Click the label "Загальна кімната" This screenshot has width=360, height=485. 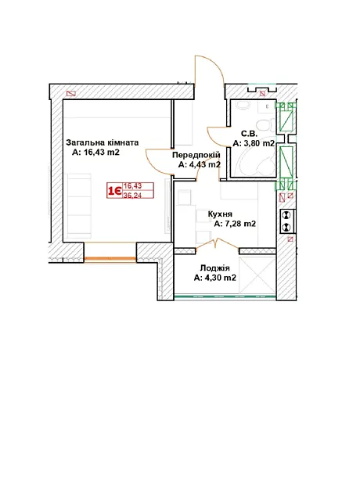pos(103,142)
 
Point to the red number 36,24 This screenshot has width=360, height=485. pos(132,196)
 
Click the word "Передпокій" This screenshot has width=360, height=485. pos(196,155)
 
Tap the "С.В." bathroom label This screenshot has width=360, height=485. pos(249,134)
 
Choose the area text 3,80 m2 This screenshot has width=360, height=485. pos(258,143)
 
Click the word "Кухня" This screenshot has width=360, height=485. pos(220,214)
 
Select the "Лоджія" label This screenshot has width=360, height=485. pos(215,268)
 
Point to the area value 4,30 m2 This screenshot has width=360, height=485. pos(219,278)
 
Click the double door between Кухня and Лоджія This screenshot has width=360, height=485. pos(217,242)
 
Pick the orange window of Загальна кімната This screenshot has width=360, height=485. pos(110,259)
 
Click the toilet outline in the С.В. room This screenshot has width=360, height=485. pos(265,124)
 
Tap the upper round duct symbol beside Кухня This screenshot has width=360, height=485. pos(286,214)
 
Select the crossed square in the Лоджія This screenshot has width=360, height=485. pos(257,275)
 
